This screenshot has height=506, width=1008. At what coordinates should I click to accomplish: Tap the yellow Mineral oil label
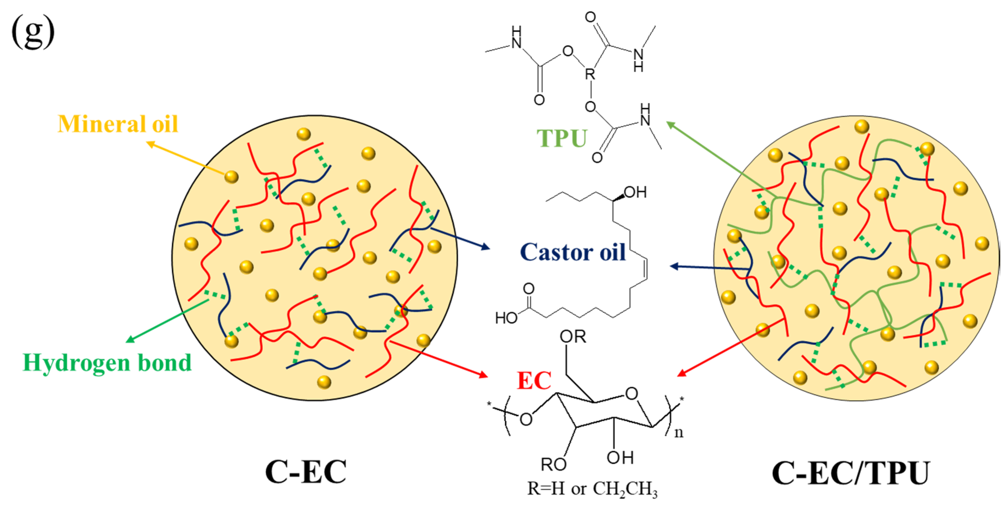coord(118,124)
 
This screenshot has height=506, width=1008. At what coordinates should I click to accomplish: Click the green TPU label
coord(562,138)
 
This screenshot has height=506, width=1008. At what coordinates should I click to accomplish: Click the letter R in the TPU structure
coord(590,74)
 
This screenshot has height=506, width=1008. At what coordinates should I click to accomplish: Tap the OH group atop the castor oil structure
coord(635,192)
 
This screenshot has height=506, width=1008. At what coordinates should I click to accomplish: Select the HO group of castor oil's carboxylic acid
coord(506,318)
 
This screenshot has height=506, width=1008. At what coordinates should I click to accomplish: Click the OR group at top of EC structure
coord(573,336)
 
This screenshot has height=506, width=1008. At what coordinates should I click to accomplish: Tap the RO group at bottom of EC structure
coord(553,465)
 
